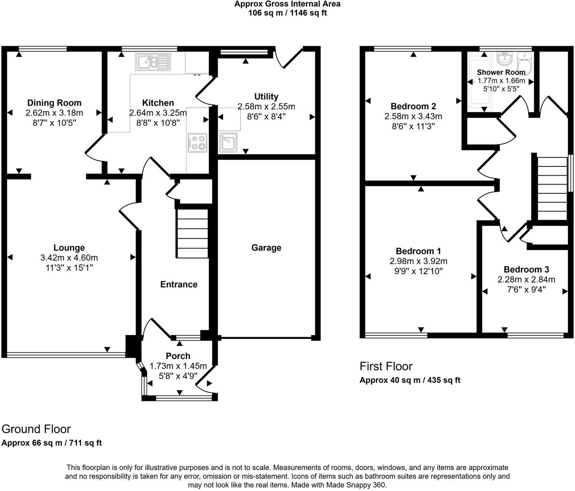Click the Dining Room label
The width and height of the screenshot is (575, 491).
click(54, 103)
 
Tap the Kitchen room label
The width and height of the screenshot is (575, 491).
click(158, 103)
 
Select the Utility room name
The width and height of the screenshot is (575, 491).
click(266, 97)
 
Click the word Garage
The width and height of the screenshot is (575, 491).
click(266, 248)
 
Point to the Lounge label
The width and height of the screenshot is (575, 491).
click(69, 248)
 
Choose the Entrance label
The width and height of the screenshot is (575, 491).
click(178, 285)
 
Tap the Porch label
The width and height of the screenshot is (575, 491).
click(178, 356)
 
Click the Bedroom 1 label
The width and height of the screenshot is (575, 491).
click(418, 251)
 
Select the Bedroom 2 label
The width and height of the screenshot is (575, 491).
click(413, 106)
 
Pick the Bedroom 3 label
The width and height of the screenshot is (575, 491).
click(526, 269)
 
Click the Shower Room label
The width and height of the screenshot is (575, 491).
click(501, 72)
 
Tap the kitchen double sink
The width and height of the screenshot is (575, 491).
click(152, 62)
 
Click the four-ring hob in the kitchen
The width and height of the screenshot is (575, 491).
click(197, 142)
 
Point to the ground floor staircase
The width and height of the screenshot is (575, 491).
click(192, 233)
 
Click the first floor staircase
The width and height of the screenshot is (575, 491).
click(552, 188)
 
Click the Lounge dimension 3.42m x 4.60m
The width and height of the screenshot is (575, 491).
click(69, 258)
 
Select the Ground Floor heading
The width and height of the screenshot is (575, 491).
click(36, 429)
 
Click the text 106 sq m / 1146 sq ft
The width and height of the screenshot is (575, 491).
click(287, 13)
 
